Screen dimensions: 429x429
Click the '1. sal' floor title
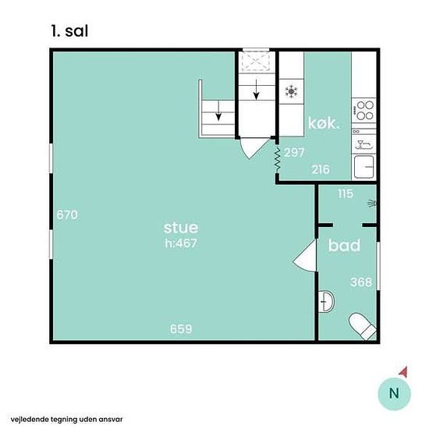click(69, 31)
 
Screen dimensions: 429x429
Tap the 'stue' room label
click(181, 228)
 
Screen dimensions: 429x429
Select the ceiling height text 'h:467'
click(181, 243)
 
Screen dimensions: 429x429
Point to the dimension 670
click(67, 214)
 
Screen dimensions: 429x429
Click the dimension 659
click(181, 329)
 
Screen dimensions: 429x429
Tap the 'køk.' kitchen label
click(324, 123)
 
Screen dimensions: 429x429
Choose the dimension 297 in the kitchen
click(294, 153)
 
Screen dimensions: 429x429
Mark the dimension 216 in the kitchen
click(321, 169)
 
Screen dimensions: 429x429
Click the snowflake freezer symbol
click(292, 91)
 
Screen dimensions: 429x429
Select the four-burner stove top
click(364, 110)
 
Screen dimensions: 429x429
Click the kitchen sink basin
click(364, 167)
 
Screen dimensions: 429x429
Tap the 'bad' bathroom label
click(344, 245)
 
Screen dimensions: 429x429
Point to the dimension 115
click(346, 193)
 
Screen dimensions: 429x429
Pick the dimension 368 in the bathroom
click(361, 282)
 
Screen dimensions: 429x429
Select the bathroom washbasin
click(326, 301)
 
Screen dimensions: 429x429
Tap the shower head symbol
click(372, 204)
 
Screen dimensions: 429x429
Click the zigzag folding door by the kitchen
click(278, 160)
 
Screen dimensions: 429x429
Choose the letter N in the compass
click(394, 393)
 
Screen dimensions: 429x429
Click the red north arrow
click(403, 372)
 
